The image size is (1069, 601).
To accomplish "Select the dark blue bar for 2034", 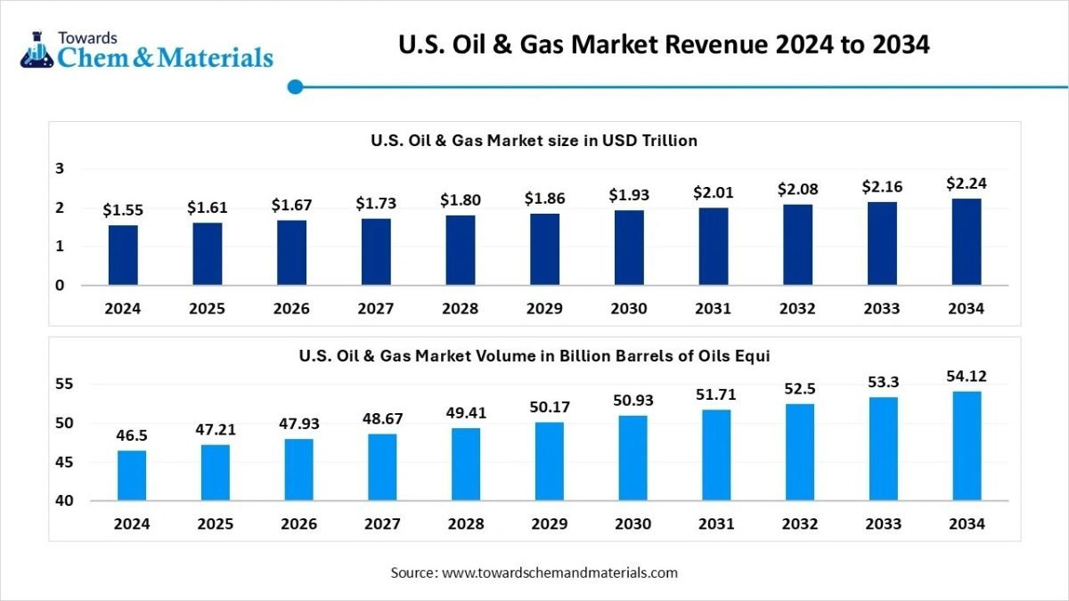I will (x=967, y=241).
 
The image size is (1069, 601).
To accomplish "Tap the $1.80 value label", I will (x=460, y=199).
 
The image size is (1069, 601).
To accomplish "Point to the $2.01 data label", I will (x=713, y=192).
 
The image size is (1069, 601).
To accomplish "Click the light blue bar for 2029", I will (x=550, y=461).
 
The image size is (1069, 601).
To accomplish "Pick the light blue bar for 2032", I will (x=799, y=451).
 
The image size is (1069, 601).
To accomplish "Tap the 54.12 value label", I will (x=967, y=376).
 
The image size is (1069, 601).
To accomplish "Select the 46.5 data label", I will (x=132, y=435).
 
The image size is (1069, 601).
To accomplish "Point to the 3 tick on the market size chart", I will (x=60, y=168).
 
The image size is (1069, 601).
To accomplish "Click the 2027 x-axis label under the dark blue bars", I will (x=376, y=309).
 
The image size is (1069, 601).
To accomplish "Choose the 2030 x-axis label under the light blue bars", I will (x=632, y=524).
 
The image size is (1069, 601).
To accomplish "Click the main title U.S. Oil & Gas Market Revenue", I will (x=665, y=45).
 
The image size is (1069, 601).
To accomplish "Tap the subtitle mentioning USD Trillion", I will (x=534, y=140).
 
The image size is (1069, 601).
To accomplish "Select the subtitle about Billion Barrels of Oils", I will (x=534, y=355).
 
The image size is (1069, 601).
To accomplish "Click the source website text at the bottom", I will (x=534, y=573).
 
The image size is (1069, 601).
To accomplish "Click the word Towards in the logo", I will (x=87, y=38).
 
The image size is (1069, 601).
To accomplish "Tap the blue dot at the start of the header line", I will (x=297, y=86).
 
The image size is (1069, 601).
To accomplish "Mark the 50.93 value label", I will (x=632, y=400).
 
